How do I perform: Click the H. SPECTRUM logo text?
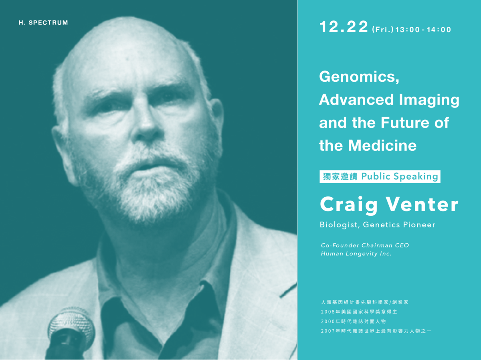[x=43, y=22]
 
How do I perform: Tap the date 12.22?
[x=344, y=27]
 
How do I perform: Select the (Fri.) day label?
[x=383, y=29]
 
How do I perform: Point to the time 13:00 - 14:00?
[x=423, y=30]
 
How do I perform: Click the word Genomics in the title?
[x=359, y=77]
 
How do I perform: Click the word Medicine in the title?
[x=382, y=145]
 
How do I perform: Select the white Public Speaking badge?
[x=380, y=176]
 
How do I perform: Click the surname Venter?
[x=422, y=204]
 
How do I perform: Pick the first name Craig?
[x=349, y=205]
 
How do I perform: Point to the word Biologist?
[x=340, y=225]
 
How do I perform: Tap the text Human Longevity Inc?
[x=356, y=254]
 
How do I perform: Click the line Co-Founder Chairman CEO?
[x=365, y=245]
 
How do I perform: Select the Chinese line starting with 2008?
[x=359, y=311]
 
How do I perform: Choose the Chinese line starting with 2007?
[x=376, y=331]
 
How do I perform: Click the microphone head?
[x=71, y=326]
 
